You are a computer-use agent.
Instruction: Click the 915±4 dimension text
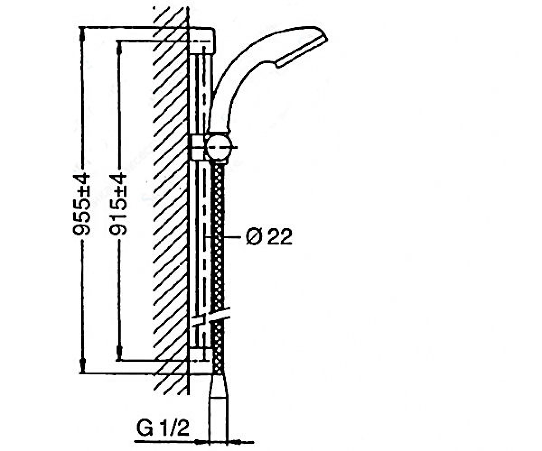point(118,205)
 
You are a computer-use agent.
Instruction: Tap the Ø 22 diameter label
point(269,237)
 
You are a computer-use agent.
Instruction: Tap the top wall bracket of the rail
point(202,41)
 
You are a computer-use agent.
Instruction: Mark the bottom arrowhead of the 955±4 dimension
point(83,366)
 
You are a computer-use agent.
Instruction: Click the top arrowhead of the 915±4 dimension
point(119,48)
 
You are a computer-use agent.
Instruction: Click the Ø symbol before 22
point(253,237)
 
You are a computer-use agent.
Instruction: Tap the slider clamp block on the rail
point(198,147)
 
